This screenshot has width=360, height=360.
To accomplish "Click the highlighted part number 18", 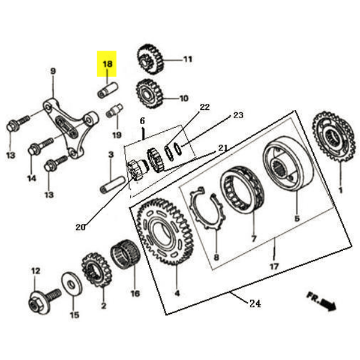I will [108, 63].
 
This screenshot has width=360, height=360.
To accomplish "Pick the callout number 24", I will [254, 304].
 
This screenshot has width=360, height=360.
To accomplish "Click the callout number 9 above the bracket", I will [53, 72].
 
